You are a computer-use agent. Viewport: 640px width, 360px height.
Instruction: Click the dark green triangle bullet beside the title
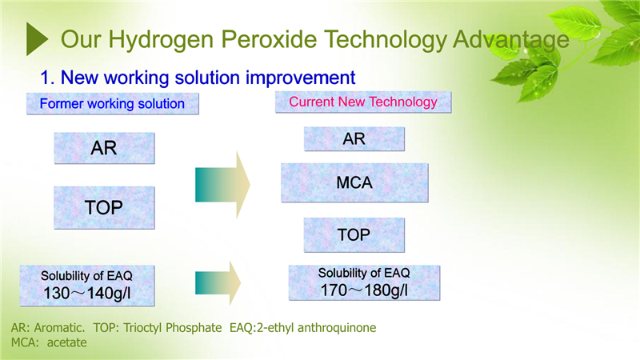36,38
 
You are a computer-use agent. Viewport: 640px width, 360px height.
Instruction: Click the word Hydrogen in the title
161,40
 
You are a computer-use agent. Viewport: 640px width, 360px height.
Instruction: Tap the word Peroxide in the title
269,39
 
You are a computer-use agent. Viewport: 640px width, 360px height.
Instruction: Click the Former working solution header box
113,104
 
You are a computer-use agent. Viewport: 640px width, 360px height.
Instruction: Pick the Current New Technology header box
363,102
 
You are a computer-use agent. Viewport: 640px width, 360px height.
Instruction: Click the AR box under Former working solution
104,148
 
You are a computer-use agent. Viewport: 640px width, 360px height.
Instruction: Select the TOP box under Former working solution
104,208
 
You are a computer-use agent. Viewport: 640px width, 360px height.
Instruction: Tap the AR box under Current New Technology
354,138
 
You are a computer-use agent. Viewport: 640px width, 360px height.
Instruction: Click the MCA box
354,182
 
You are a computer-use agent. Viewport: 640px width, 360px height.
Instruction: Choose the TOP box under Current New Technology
354,234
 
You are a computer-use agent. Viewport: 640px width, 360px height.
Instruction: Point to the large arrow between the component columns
222,185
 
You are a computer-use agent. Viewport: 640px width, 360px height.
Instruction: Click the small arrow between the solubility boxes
218,283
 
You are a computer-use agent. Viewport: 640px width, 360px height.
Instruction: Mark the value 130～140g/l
87,294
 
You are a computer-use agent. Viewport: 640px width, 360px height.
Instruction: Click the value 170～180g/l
364,290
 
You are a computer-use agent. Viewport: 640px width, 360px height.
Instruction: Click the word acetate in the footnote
66,342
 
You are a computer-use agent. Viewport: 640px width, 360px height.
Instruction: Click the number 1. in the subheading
47,78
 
